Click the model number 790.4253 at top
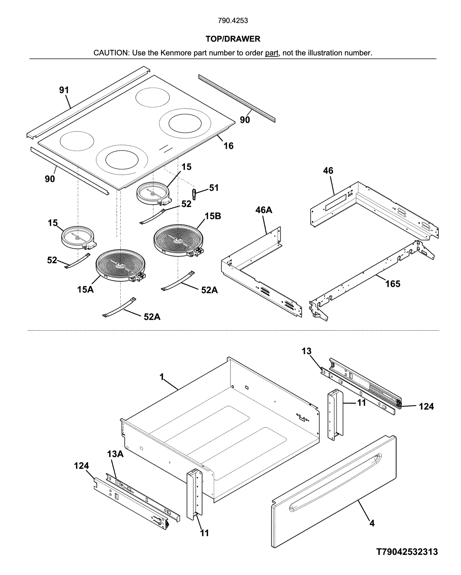(233, 21)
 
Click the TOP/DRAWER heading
(233, 39)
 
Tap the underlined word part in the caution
(271, 53)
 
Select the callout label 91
(64, 90)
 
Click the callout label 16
(228, 146)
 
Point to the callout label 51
(214, 188)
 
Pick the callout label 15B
(213, 216)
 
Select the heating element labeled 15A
(120, 265)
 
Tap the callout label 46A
(264, 210)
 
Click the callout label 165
(393, 284)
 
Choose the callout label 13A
(115, 454)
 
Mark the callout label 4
(372, 523)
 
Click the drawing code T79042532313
(407, 552)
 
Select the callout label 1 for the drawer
(162, 377)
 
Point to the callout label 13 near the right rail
(307, 351)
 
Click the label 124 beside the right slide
(426, 407)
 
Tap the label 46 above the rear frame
(328, 170)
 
